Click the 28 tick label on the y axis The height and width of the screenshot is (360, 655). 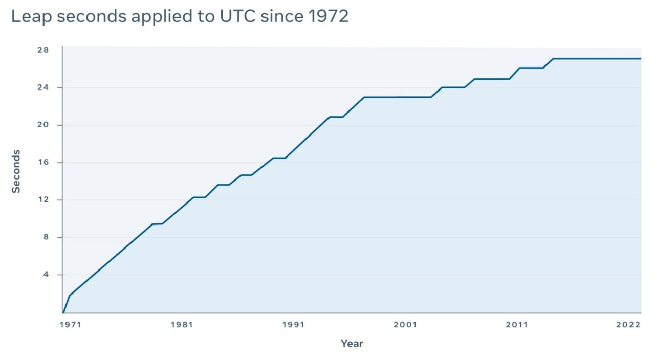[x=42, y=50]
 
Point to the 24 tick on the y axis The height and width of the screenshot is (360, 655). [x=42, y=87]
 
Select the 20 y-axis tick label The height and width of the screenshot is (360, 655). [x=42, y=125]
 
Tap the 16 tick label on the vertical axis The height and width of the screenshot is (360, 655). [x=42, y=162]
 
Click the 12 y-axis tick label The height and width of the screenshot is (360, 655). [x=42, y=199]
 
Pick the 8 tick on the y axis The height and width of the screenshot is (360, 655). [x=45, y=237]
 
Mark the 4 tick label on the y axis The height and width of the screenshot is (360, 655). [x=45, y=274]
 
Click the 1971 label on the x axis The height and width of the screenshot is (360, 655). [x=71, y=325]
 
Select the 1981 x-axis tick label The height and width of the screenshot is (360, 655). [x=182, y=325]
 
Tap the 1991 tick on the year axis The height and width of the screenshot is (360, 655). [x=293, y=325]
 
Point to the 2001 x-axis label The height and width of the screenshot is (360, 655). [x=405, y=325]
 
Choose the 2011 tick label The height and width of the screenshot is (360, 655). [x=517, y=325]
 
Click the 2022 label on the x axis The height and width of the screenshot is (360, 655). [x=628, y=325]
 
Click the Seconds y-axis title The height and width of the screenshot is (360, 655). [x=16, y=171]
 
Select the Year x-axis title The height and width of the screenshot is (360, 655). [x=352, y=344]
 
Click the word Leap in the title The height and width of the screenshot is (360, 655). [x=32, y=16]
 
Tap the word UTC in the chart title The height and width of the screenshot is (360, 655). [x=237, y=16]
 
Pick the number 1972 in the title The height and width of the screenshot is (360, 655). [x=329, y=16]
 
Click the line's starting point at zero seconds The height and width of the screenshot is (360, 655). [x=63, y=312]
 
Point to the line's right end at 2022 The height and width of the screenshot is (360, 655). [x=640, y=59]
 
